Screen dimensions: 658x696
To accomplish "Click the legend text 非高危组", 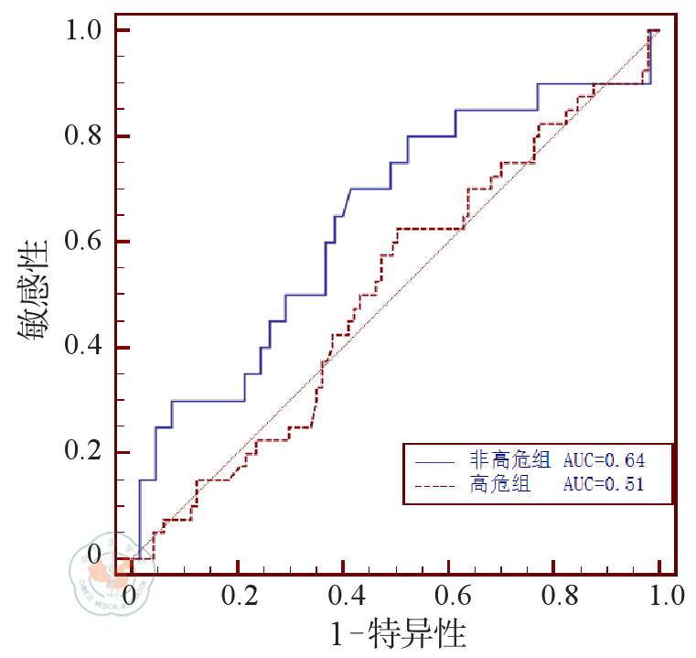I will point(499,459).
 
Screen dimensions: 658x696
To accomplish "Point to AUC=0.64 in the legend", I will point(604,459).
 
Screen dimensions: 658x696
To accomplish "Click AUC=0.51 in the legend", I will point(604,484).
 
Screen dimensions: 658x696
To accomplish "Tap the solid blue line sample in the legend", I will point(434,460).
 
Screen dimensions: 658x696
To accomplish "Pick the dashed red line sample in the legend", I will point(434,485).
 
